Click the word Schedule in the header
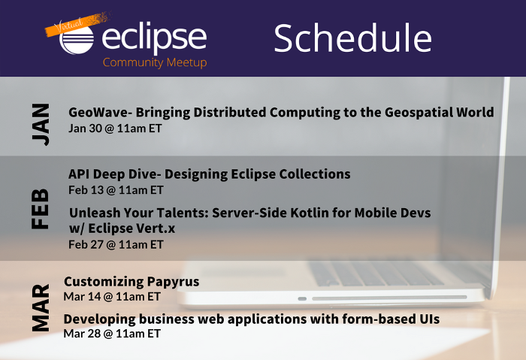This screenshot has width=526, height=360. point(353,38)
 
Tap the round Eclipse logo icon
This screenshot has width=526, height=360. point(77,40)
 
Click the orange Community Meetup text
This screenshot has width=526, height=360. point(155,62)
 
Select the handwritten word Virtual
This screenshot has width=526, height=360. point(68,26)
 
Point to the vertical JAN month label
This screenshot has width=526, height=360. point(41,124)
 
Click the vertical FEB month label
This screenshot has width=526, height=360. point(41,209)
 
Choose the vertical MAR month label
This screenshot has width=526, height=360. point(41,307)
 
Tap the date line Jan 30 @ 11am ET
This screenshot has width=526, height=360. point(115,129)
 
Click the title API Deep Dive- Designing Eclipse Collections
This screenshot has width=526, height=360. point(210,174)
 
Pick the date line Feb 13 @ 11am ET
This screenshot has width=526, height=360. point(116,190)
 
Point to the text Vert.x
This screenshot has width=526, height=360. point(156,228)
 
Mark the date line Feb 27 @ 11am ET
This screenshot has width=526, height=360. point(116,244)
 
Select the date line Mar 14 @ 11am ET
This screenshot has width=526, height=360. point(112,297)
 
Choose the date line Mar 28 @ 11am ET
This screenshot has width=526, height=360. point(112,334)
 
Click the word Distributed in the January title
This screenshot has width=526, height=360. point(230,113)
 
